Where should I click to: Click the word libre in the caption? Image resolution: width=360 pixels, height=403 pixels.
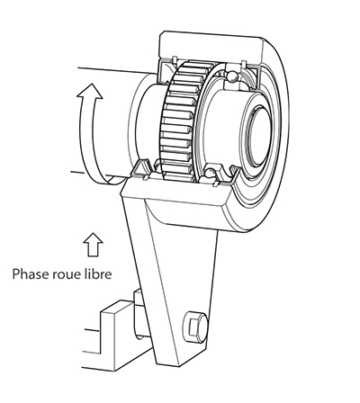point(99,273)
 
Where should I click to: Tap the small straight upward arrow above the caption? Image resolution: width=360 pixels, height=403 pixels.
point(93,245)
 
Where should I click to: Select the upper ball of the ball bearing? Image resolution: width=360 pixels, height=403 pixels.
point(231,76)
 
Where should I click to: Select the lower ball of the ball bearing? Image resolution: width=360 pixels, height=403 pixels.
point(211,173)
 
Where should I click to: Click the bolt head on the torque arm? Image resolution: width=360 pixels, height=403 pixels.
point(195,327)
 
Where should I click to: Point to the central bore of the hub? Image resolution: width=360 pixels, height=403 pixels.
point(259,137)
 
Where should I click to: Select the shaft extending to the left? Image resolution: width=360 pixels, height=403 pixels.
point(108,123)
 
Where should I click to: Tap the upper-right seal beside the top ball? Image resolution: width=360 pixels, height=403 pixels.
point(249,75)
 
